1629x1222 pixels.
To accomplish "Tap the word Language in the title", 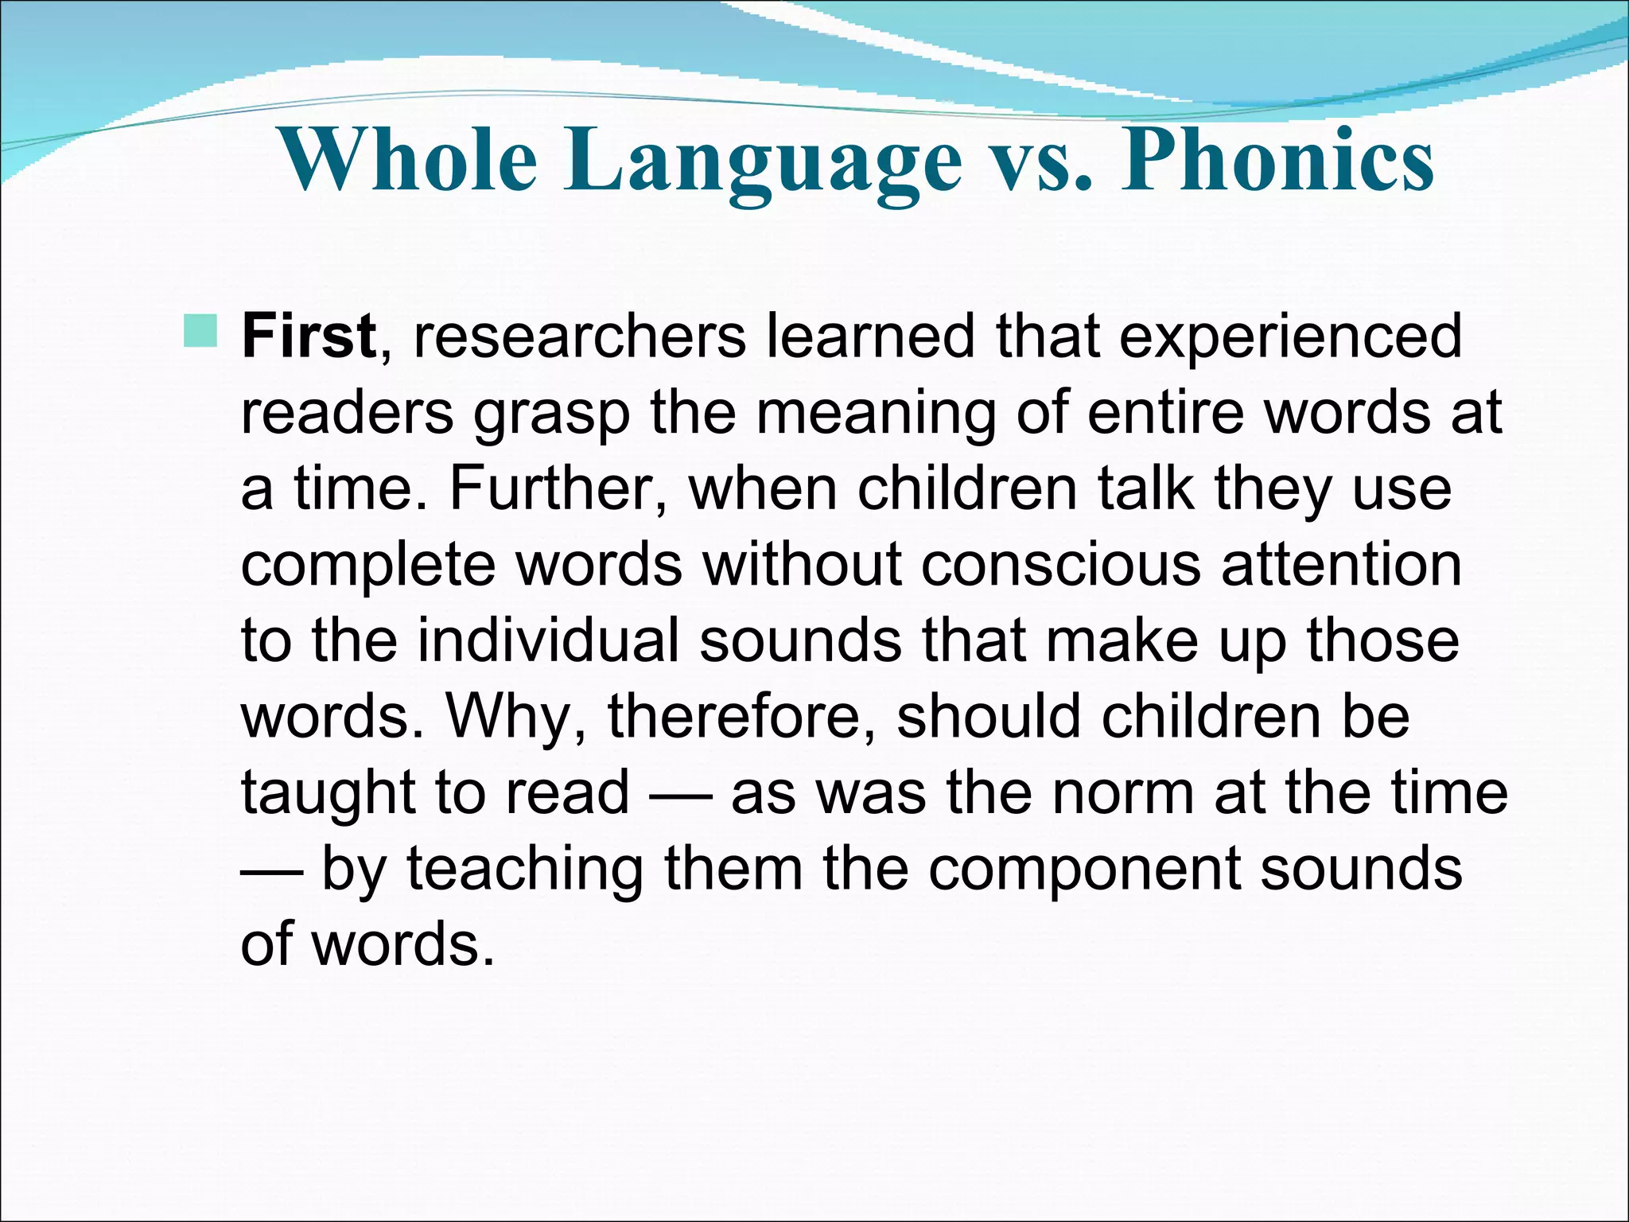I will pyautogui.click(x=763, y=162).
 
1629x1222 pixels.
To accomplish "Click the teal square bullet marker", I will pyautogui.click(x=200, y=331).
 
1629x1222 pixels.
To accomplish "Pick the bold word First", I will pyautogui.click(x=309, y=336).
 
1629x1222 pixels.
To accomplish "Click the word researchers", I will pyautogui.click(x=580, y=336).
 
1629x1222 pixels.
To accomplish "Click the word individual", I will pyautogui.click(x=548, y=640).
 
